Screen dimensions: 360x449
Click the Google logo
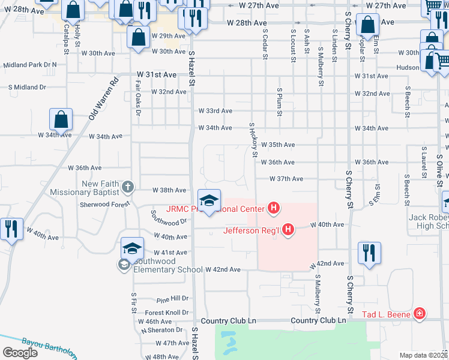(x=20, y=352)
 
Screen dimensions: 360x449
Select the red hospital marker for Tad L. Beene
(x=419, y=313)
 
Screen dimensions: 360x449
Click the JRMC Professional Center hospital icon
(x=274, y=209)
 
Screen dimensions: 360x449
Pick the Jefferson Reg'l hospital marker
(x=289, y=229)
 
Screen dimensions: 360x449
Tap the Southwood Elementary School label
(x=168, y=269)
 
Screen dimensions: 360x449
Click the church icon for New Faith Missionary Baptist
(x=127, y=187)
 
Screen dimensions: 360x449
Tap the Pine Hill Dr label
(x=172, y=298)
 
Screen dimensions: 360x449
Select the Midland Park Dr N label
(x=30, y=64)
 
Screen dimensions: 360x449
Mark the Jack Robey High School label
(x=429, y=221)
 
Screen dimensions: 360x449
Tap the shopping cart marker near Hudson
(x=442, y=61)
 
